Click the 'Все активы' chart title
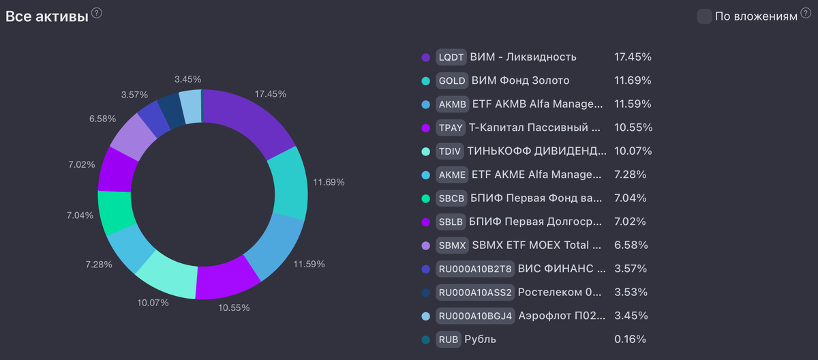[x=47, y=17]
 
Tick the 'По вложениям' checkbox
[x=704, y=17]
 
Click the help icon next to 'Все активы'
[x=97, y=14]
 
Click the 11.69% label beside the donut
[x=329, y=183]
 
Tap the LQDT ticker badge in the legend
[x=451, y=57]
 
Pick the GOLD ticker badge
[x=452, y=80]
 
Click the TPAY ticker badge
[x=451, y=127]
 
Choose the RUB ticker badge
[x=449, y=339]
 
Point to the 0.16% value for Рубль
[x=630, y=339]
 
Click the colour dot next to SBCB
[x=426, y=198]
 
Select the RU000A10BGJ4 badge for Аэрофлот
[x=474, y=316]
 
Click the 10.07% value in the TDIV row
[x=633, y=151]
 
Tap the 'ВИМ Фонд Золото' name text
[x=520, y=80]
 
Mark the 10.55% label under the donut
[x=234, y=307]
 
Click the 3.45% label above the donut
[x=188, y=80]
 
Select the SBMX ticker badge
[x=452, y=245]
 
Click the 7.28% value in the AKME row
[x=631, y=175]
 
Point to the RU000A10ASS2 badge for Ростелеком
[x=475, y=292]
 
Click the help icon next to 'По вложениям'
[x=806, y=14]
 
